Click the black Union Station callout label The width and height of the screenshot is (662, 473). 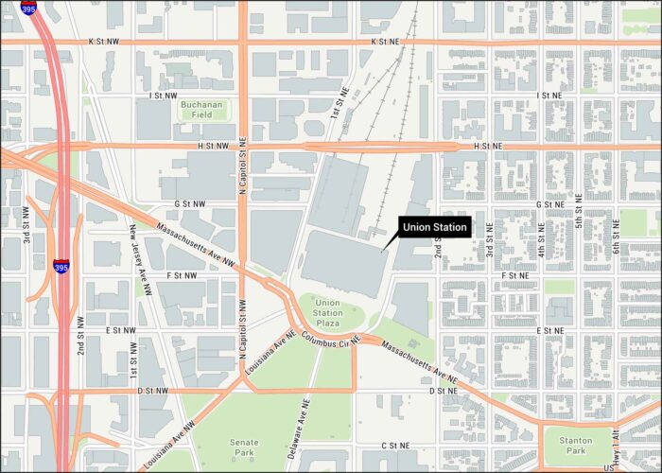pos(434,227)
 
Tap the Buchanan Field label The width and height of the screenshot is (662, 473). pos(202,109)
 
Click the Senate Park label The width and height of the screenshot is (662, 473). pos(244,447)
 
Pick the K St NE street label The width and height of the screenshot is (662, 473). pos(385,43)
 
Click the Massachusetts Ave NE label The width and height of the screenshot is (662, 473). pos(420,360)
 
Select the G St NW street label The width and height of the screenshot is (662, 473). pos(190,203)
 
